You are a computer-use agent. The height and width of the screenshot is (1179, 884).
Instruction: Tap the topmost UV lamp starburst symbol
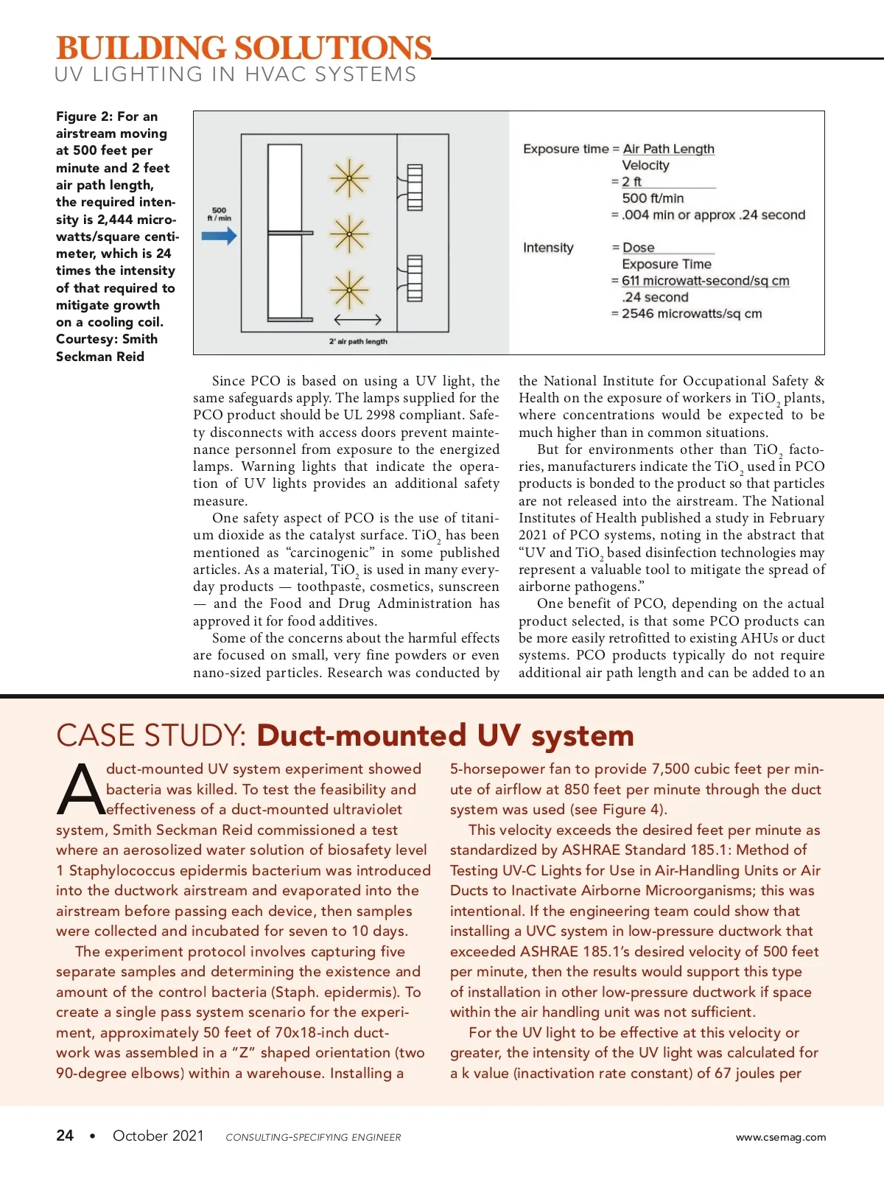pyautogui.click(x=348, y=179)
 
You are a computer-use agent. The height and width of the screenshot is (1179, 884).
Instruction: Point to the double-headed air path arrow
pyautogui.click(x=357, y=320)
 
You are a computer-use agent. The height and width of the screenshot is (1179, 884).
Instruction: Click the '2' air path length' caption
pyautogui.click(x=358, y=341)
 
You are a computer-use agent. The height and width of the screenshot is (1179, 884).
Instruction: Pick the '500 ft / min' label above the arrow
pyautogui.click(x=219, y=214)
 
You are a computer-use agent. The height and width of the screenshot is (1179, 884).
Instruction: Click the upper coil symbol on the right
pyautogui.click(x=414, y=187)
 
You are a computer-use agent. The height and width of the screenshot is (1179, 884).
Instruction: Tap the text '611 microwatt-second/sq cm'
pyautogui.click(x=705, y=281)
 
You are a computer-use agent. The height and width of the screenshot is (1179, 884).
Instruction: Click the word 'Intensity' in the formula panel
pyautogui.click(x=548, y=248)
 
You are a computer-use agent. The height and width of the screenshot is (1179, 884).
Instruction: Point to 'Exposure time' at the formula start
pyautogui.click(x=566, y=149)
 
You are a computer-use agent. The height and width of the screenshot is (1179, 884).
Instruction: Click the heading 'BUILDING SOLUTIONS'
pyautogui.click(x=244, y=48)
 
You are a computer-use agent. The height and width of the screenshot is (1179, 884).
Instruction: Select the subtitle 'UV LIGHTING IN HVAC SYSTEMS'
pyautogui.click(x=236, y=74)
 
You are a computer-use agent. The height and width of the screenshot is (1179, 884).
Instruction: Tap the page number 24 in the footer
pyautogui.click(x=65, y=1136)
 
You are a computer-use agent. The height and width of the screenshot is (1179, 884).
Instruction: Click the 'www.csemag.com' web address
pyautogui.click(x=781, y=1137)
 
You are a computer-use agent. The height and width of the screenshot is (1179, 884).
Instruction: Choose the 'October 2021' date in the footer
pyautogui.click(x=158, y=1136)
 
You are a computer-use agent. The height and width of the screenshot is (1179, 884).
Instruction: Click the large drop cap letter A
pyautogui.click(x=80, y=790)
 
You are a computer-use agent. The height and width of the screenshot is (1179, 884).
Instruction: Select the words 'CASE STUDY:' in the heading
pyautogui.click(x=151, y=735)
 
